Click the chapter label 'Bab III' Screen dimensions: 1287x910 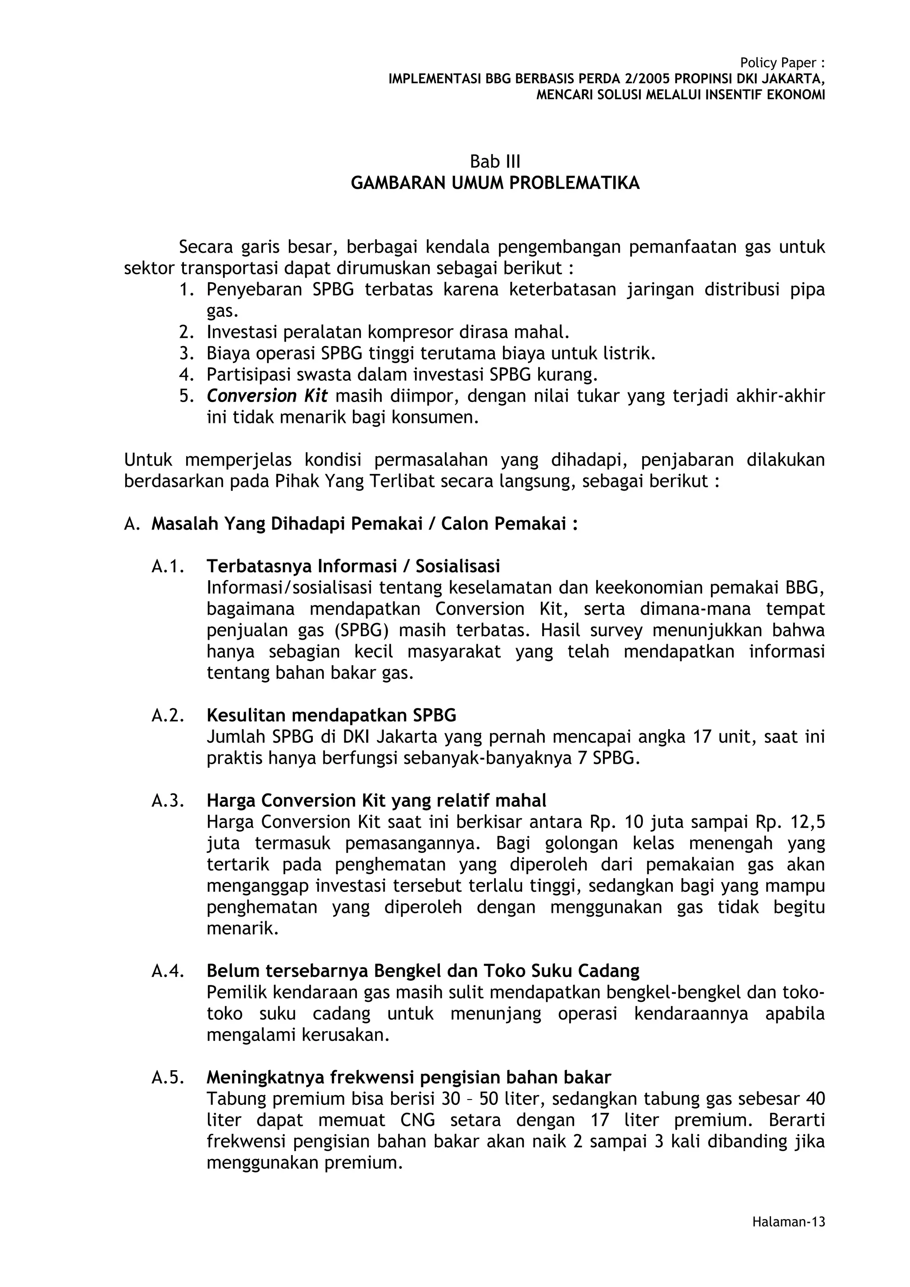[495, 162]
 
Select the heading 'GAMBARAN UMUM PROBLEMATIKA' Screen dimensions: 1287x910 [495, 183]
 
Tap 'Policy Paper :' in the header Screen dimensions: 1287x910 [782, 63]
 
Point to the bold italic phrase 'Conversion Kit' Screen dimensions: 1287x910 [267, 396]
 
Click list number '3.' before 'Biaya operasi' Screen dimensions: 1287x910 [186, 354]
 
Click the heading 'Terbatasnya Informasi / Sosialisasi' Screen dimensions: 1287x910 [353, 567]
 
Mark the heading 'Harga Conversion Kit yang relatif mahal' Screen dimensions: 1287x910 [376, 801]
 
